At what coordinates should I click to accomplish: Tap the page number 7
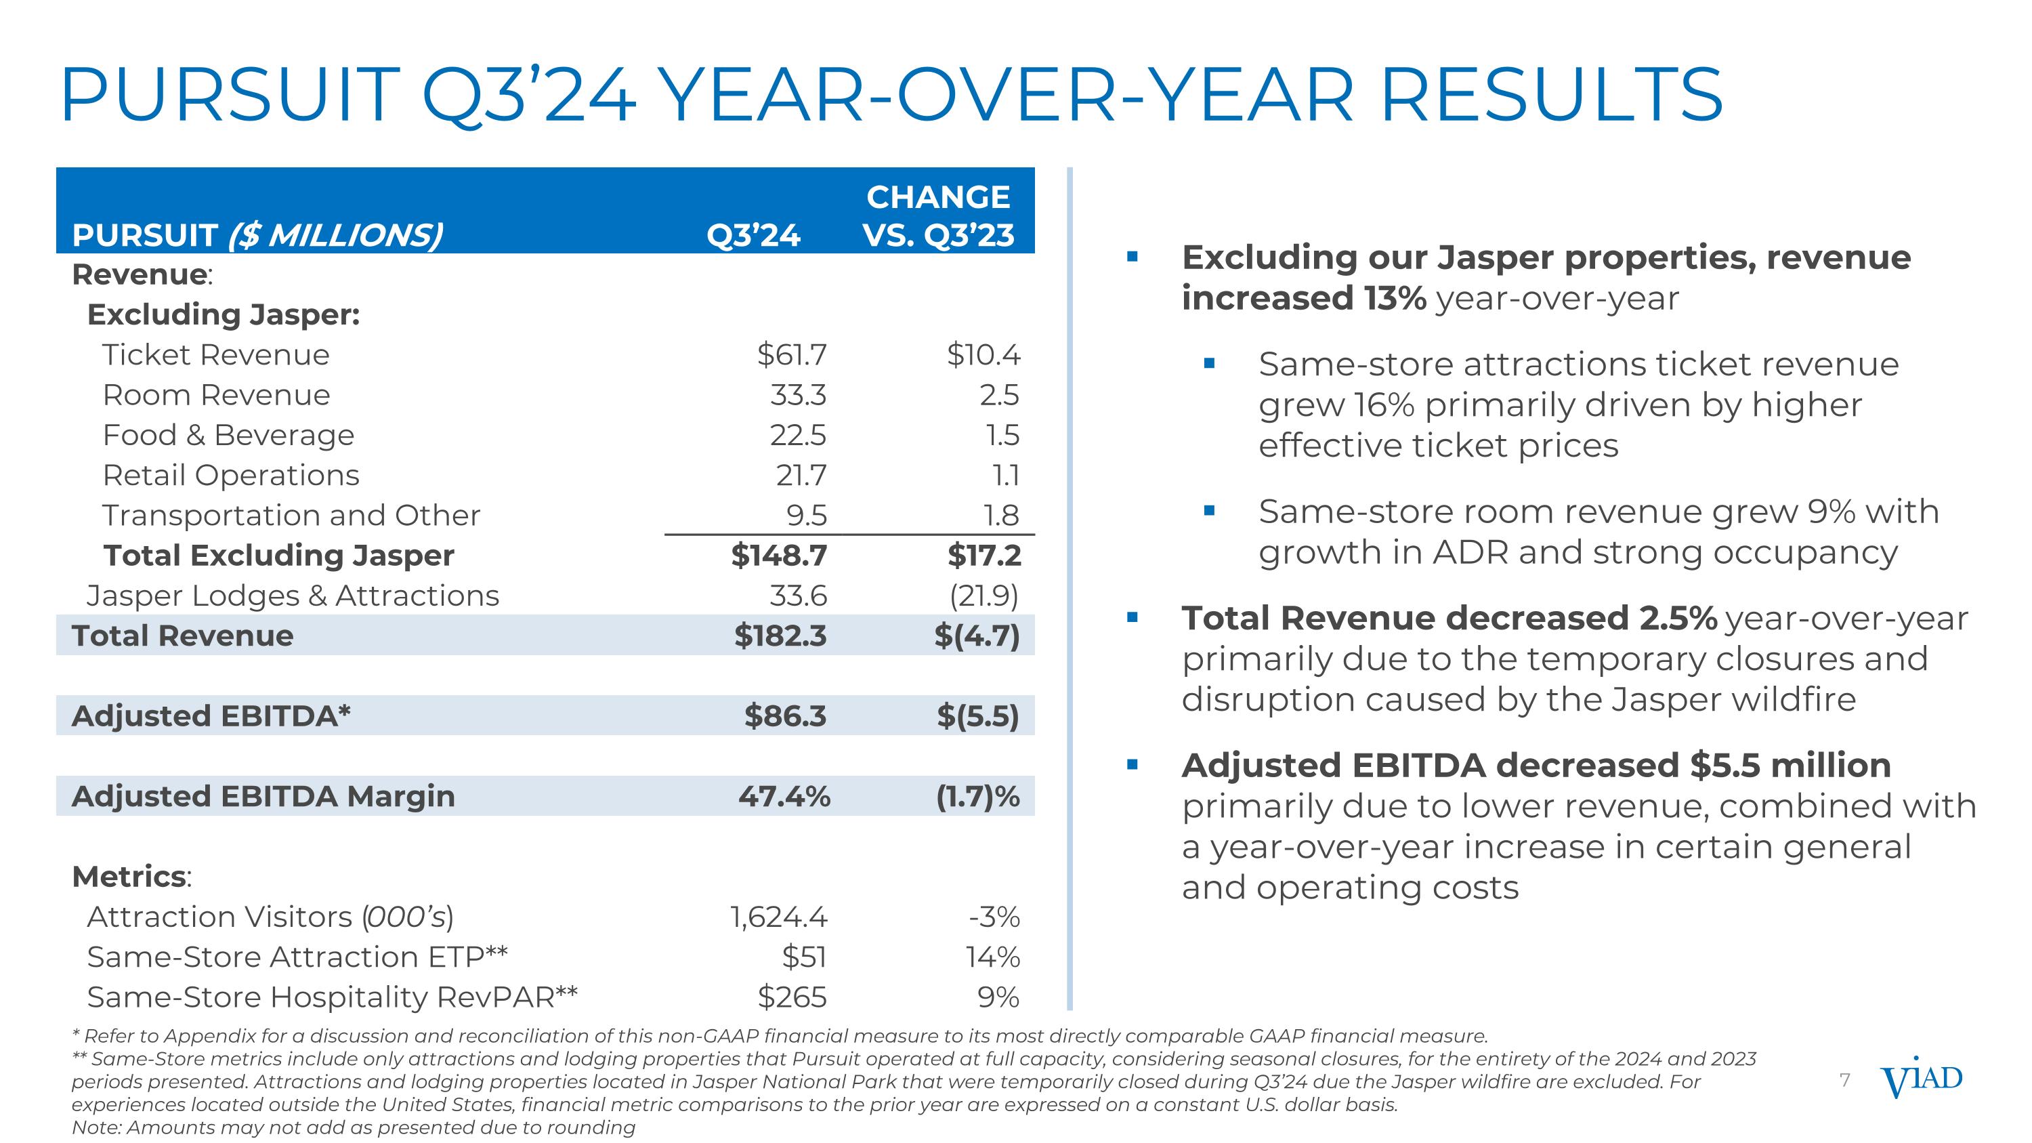pos(1844,1080)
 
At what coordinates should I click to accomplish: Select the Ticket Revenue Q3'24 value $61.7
pos(791,355)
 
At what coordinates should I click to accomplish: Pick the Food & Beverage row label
pos(228,436)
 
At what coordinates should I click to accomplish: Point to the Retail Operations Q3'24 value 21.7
pos(801,476)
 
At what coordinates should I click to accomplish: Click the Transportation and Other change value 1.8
pos(1001,516)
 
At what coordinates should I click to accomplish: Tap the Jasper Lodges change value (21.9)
pos(983,596)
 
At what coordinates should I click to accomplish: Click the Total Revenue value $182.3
pos(780,636)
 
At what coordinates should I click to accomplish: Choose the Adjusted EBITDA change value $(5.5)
pos(977,716)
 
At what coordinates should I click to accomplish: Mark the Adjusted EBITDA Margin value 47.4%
pos(784,797)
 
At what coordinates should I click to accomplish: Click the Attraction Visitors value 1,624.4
pos(778,917)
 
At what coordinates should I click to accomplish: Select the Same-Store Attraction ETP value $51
pos(804,957)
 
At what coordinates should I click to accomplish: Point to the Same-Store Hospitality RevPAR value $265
pos(792,997)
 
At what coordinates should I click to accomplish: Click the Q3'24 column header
pos(753,235)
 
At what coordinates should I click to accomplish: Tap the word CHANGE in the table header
pos(938,197)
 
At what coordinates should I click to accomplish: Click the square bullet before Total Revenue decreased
pos(1133,619)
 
